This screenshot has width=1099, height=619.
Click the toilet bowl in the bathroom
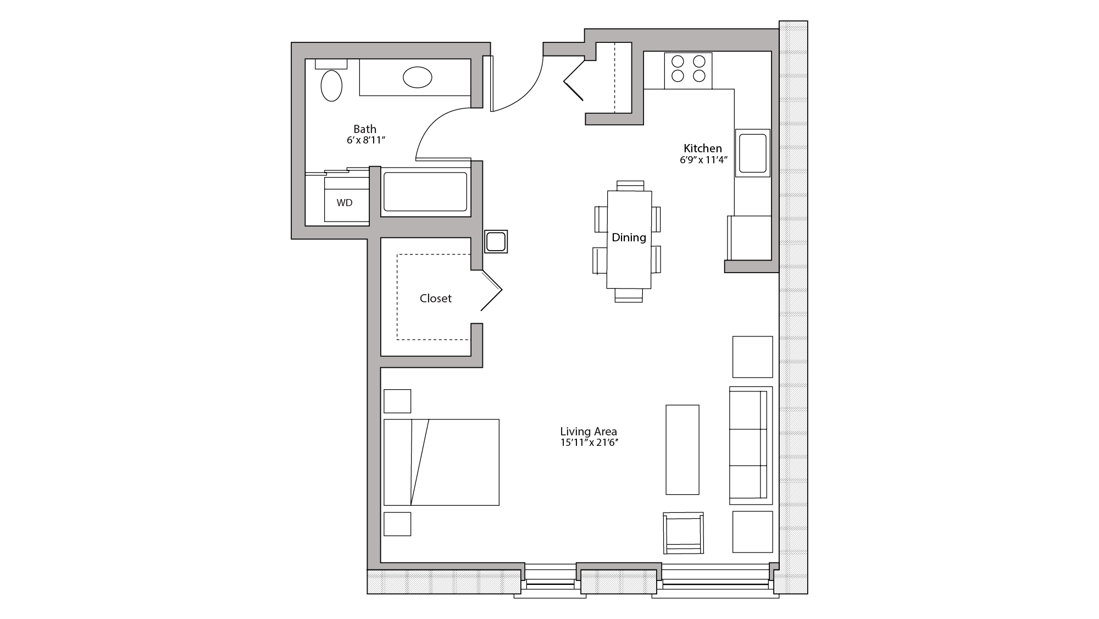(x=331, y=86)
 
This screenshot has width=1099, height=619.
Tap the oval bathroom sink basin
(x=417, y=78)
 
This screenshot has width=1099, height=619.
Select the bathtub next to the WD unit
(x=425, y=192)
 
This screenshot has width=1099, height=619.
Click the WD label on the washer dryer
(x=345, y=203)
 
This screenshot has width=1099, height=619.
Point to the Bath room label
(x=365, y=129)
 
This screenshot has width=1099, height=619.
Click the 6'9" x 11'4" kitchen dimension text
(x=703, y=161)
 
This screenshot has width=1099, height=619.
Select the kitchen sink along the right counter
(x=752, y=153)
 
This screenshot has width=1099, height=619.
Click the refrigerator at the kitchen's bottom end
(x=750, y=237)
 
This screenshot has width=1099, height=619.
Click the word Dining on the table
(x=629, y=237)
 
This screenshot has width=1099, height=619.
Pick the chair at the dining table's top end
(x=630, y=185)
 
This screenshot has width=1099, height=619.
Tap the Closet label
(x=435, y=299)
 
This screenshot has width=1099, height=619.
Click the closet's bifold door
(x=491, y=290)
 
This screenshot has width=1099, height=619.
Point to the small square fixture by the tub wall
(x=496, y=241)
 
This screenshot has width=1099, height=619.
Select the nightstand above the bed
(x=397, y=401)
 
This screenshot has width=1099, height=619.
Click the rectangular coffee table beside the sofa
(x=682, y=450)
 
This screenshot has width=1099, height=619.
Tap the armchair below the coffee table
(x=683, y=533)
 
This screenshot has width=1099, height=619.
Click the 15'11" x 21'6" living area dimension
(x=589, y=443)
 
